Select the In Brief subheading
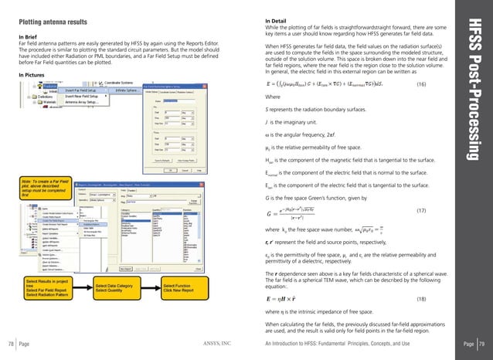click(x=29, y=36)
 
